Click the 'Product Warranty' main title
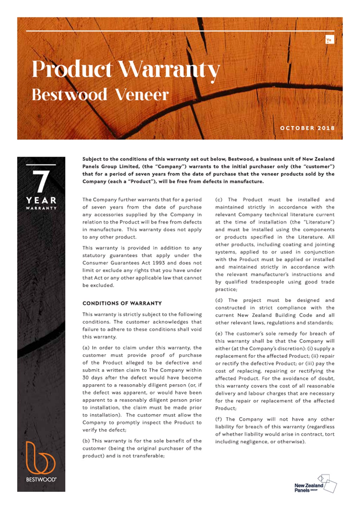126,70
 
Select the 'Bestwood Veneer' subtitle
100,95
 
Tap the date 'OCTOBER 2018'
307,128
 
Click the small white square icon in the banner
329,40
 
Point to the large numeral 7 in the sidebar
41,182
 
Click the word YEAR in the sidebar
41,200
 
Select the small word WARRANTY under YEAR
41,208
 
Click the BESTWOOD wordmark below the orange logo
41,479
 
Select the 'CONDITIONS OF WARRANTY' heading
122,303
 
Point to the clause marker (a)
86,348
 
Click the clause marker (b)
86,441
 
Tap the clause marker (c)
218,200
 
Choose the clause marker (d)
218,300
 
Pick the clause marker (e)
218,334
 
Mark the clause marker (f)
218,419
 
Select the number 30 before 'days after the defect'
85,378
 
